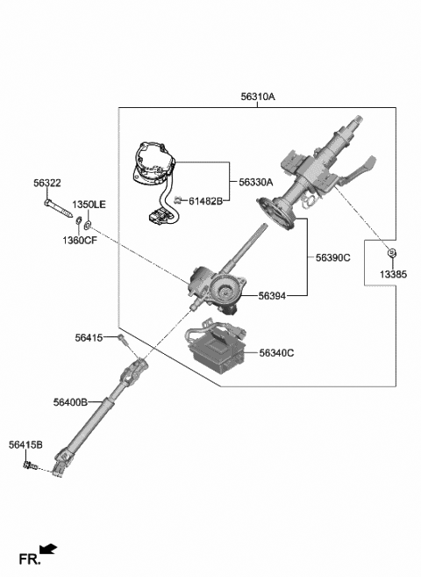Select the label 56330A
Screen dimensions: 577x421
pyautogui.click(x=256, y=182)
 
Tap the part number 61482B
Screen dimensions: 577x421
pyautogui.click(x=203, y=201)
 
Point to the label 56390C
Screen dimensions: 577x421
pyautogui.click(x=333, y=257)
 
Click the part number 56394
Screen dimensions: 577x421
pyautogui.click(x=273, y=296)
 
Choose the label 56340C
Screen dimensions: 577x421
pyautogui.click(x=276, y=353)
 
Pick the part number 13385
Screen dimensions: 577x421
pyautogui.click(x=393, y=274)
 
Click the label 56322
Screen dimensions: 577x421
pyautogui.click(x=47, y=183)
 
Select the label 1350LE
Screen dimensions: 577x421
pyautogui.click(x=89, y=204)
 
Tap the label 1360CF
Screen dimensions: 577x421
pyautogui.click(x=79, y=240)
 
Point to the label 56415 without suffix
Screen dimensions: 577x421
pyautogui.click(x=89, y=337)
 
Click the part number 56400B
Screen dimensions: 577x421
pyautogui.click(x=70, y=401)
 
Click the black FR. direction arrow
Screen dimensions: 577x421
pyautogui.click(x=49, y=550)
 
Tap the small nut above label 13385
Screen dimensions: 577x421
pyautogui.click(x=392, y=255)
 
